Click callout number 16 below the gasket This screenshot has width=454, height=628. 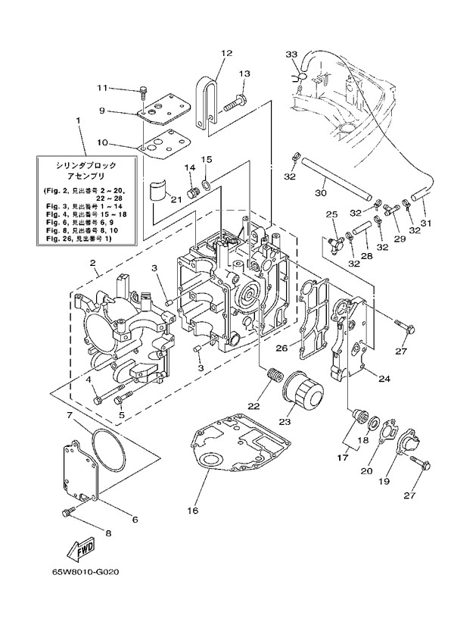coord(194,511)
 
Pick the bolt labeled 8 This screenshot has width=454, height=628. coord(66,514)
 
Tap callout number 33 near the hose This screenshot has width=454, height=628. coord(292,55)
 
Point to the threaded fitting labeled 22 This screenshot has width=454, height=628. coord(273,373)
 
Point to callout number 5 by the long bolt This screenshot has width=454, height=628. coord(120,414)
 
